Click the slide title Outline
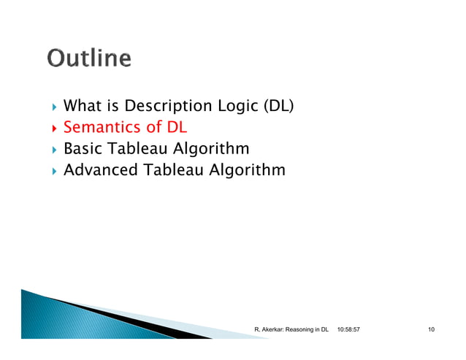coord(90,58)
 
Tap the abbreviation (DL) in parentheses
coord(278,106)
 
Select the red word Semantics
coord(101,127)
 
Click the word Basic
coord(83,149)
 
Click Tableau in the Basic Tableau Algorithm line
coord(139,149)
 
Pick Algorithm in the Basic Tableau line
coord(212,149)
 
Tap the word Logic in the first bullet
coord(237,106)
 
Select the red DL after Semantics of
coord(177,127)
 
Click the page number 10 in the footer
coord(431,331)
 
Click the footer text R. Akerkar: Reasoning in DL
coord(291,331)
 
